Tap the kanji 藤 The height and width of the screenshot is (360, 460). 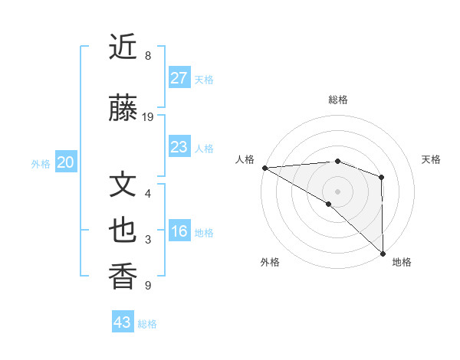pyautogui.click(x=123, y=109)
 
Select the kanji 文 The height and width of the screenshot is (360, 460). pyautogui.click(x=123, y=185)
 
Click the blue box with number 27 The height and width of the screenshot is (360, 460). pyautogui.click(x=179, y=78)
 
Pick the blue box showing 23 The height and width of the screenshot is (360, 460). pyautogui.click(x=179, y=147)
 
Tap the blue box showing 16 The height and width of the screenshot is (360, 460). pyautogui.click(x=179, y=231)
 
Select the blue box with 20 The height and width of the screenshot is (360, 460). pyautogui.click(x=65, y=162)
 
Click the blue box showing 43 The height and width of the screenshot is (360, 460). pyautogui.click(x=123, y=322)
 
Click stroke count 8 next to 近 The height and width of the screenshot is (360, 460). pyautogui.click(x=148, y=56)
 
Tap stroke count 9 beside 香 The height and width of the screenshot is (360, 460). pyautogui.click(x=148, y=286)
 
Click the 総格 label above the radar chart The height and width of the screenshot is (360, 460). pyautogui.click(x=337, y=100)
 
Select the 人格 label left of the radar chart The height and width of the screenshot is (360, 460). pyautogui.click(x=245, y=159)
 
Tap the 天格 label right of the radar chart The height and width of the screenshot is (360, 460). pyautogui.click(x=431, y=159)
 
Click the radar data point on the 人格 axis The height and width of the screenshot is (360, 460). pyautogui.click(x=264, y=168)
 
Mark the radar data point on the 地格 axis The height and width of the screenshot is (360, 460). pyautogui.click(x=383, y=253)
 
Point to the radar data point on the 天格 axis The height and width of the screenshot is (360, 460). pyautogui.click(x=382, y=177)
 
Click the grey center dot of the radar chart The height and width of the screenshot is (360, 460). pyautogui.click(x=337, y=191)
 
